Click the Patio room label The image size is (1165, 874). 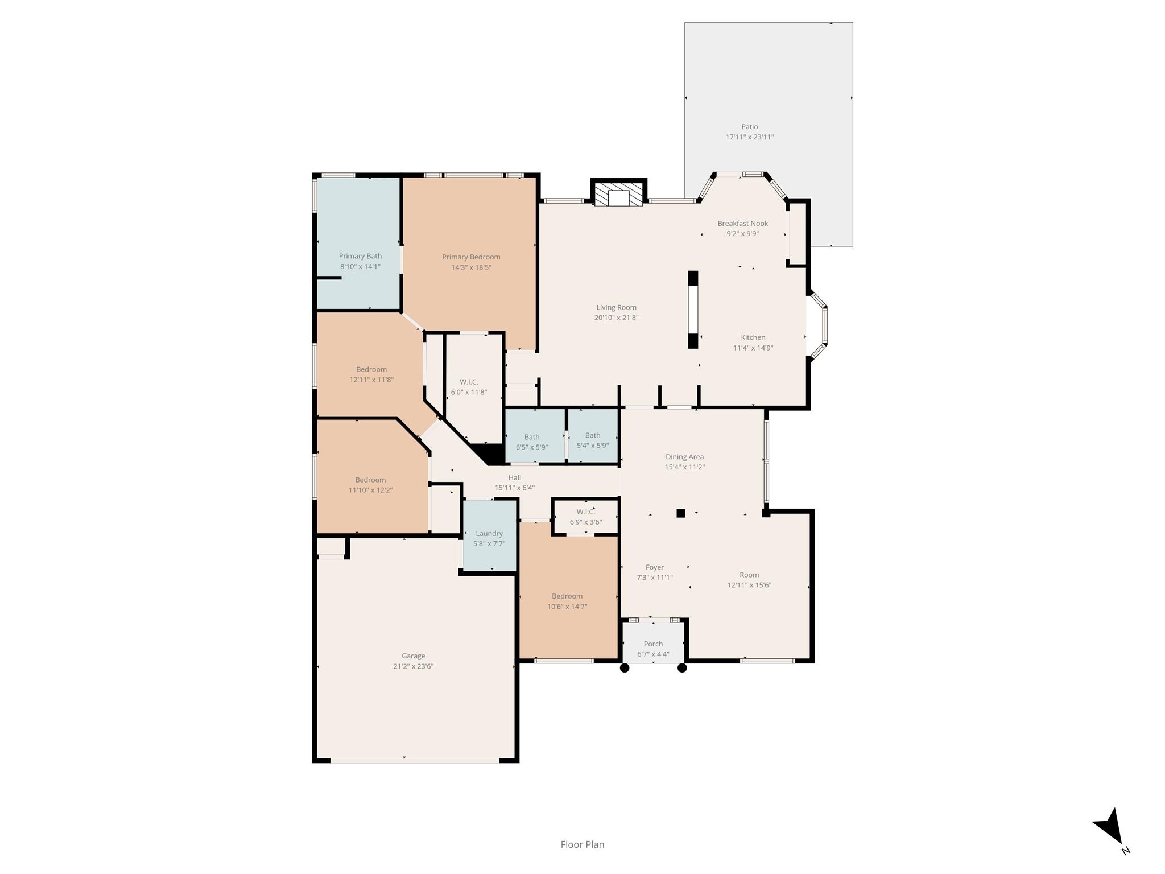click(x=749, y=127)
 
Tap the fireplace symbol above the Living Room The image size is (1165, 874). click(x=618, y=194)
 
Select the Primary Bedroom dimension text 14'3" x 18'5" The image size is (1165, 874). click(x=471, y=267)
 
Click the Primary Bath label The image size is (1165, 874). click(x=360, y=256)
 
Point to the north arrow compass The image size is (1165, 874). click(x=1109, y=827)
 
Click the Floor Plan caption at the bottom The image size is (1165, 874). click(x=582, y=845)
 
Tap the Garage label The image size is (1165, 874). click(x=413, y=656)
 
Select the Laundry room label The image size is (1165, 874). click(x=489, y=534)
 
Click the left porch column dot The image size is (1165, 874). click(x=625, y=668)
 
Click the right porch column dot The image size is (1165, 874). click(x=682, y=668)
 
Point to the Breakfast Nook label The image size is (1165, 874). click(x=742, y=224)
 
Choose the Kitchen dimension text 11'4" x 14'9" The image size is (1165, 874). click(x=753, y=348)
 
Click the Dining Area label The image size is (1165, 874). click(x=684, y=457)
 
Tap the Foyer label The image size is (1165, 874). click(x=655, y=567)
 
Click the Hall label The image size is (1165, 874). click(x=515, y=477)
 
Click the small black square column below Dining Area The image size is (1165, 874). click(x=681, y=513)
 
